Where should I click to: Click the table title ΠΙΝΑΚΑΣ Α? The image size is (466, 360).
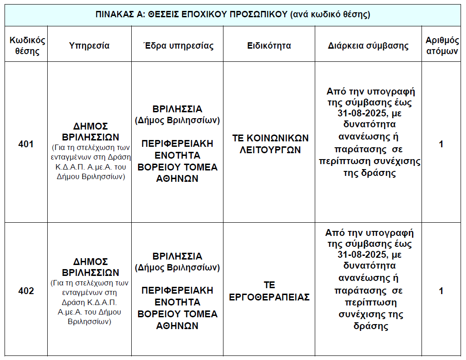point(233,14)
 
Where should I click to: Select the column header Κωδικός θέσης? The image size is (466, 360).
point(27,45)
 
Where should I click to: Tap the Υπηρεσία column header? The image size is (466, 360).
point(89,45)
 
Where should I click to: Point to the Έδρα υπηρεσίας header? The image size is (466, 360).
point(178,45)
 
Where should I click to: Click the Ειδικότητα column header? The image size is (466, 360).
point(269,45)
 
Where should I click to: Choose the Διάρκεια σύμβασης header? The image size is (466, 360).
point(368,45)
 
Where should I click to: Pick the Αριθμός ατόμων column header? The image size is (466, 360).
point(441,45)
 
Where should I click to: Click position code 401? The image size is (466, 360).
point(26,145)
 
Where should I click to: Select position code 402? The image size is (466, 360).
point(26,291)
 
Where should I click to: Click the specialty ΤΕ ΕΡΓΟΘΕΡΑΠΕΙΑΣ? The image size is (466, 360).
point(269,291)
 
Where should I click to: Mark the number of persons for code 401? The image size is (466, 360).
point(441,145)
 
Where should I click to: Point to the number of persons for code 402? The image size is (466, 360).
point(441,291)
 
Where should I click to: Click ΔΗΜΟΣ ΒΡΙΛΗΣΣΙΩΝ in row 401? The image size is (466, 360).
point(90,131)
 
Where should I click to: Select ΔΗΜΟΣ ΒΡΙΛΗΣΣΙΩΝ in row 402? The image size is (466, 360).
point(90,267)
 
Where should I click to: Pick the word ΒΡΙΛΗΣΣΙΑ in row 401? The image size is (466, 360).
point(177,109)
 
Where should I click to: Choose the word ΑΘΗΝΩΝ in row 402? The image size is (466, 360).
point(177,325)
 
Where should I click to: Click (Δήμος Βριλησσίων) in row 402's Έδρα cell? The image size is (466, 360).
point(177,267)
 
